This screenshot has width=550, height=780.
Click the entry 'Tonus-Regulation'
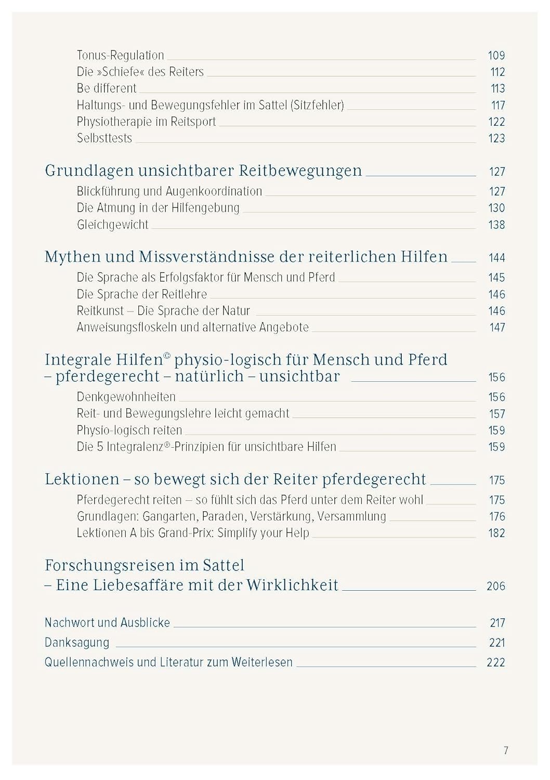pos(120,55)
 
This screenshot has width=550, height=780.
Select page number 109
pos(496,55)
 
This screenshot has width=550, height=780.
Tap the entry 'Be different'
pos(106,88)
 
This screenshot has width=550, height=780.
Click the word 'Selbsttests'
pos(104,138)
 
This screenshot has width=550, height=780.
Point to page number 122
pos(496,122)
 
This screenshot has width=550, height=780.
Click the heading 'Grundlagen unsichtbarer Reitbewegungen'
pos(203,171)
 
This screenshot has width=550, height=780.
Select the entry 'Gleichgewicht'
pos(112,225)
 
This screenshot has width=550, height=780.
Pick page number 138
pos(496,225)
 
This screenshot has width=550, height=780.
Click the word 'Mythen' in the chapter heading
pos(72,257)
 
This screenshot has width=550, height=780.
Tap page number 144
pos(496,257)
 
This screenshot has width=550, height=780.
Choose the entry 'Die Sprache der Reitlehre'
pos(142,294)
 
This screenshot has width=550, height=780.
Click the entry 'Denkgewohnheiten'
pos(126,397)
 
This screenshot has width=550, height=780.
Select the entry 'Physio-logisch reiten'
pos(129,431)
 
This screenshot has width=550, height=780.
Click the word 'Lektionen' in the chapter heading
pos(82,479)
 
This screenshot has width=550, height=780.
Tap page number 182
pos(496,533)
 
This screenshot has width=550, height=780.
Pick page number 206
pos(496,586)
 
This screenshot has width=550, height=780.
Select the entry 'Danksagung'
pos(77,643)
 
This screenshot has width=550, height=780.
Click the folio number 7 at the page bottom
pos(506,750)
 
